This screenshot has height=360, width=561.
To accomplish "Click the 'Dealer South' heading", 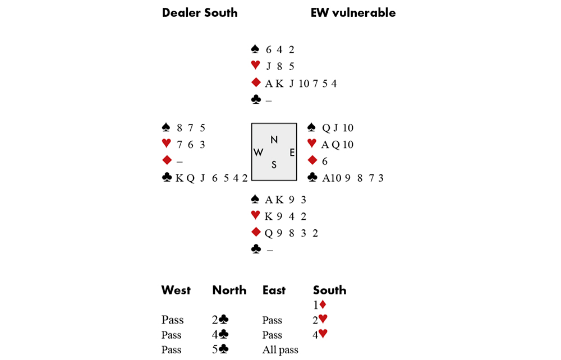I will point(199,13).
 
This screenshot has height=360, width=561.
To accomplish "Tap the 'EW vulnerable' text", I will point(353,13).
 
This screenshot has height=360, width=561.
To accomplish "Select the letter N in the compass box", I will point(274,140).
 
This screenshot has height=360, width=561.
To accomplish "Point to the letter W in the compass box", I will point(258,153).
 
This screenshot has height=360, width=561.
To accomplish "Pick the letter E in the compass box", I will point(292,152).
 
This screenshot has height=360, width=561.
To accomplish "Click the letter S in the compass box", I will point(274,165).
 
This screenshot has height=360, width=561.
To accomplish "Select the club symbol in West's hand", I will point(166,178).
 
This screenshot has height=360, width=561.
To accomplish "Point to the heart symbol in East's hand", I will point(312,144).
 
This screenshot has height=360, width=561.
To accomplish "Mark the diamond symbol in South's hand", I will point(256,233).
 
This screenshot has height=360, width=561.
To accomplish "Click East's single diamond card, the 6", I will point(324,161).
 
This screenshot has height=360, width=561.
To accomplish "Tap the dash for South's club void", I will point(269,250).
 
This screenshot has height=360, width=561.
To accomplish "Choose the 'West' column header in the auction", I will point(176,290).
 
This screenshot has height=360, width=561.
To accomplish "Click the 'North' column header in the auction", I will point(229,290).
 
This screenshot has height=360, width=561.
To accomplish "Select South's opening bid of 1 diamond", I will point(320,306).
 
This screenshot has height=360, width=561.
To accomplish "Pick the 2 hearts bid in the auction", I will point(320,320).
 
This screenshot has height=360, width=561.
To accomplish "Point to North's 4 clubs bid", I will point(220,335).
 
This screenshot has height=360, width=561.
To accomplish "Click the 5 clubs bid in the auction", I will point(220,350).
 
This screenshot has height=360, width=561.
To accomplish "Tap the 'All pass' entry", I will point(280,350).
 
